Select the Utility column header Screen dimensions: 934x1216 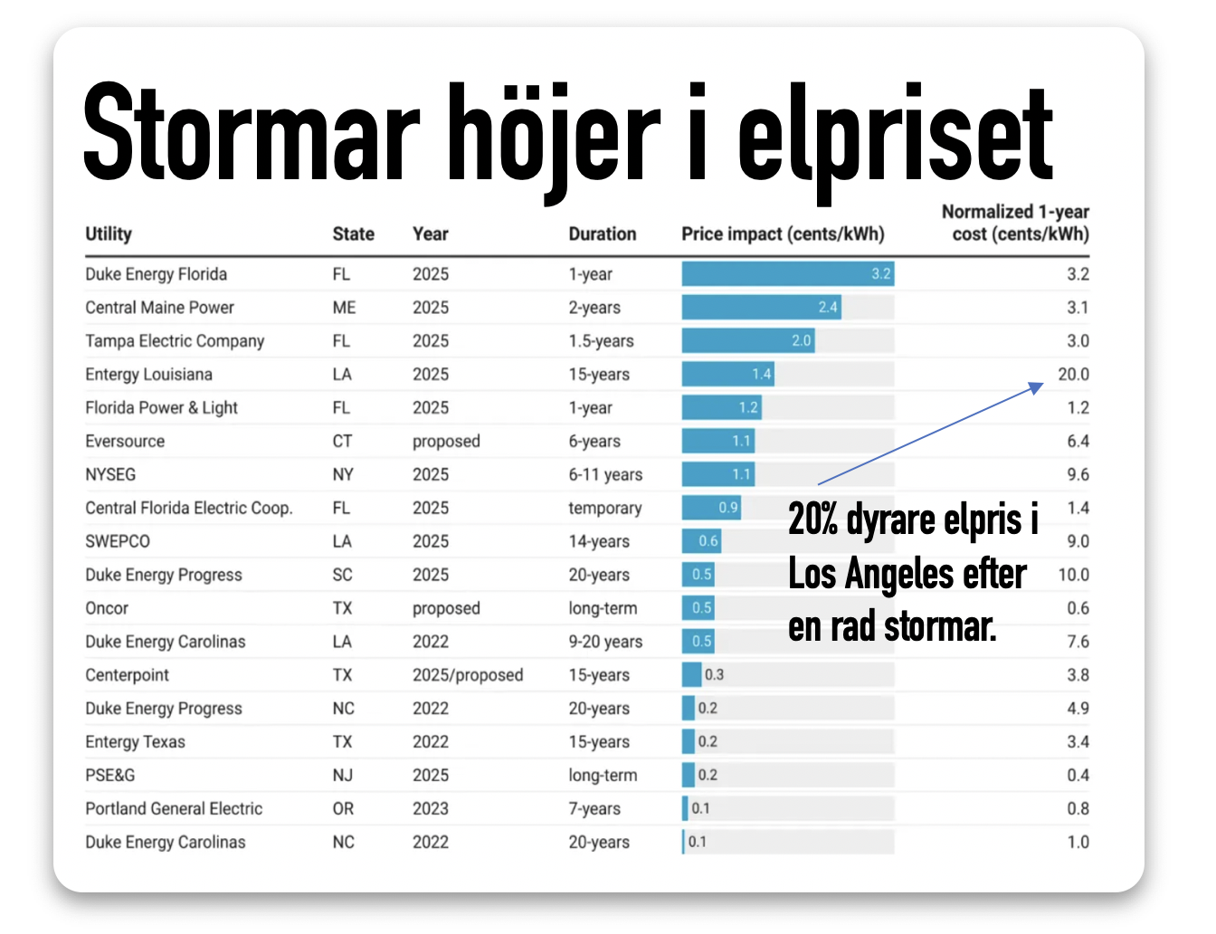(x=109, y=233)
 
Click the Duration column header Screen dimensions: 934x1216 (x=602, y=233)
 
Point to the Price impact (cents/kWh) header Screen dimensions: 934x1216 (x=783, y=233)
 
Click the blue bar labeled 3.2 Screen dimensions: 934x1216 (x=787, y=273)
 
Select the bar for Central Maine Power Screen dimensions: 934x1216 (x=761, y=307)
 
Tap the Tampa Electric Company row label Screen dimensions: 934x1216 (x=175, y=341)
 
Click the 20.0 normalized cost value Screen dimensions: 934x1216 (x=1073, y=374)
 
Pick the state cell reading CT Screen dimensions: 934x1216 (x=342, y=441)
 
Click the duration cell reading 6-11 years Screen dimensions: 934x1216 (x=605, y=474)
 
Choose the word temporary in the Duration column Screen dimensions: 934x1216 (x=604, y=508)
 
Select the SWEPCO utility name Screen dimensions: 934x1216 (x=118, y=541)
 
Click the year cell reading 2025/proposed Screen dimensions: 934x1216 (x=468, y=675)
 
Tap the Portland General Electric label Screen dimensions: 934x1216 (x=174, y=808)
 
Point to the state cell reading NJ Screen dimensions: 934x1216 (x=342, y=775)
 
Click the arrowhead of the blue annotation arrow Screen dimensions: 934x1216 (x=1038, y=386)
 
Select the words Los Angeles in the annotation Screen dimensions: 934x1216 (x=907, y=574)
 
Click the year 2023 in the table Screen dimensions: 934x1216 (x=431, y=808)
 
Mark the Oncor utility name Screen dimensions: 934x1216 (x=107, y=608)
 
